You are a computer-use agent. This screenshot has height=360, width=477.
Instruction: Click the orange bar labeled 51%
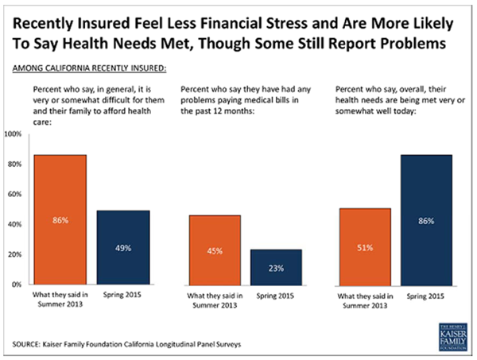click(364, 246)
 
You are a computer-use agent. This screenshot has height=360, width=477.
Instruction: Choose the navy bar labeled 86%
click(426, 219)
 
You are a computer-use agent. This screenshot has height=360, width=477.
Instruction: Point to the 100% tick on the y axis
click(13, 134)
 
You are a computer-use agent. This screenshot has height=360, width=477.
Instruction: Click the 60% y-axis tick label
click(14, 194)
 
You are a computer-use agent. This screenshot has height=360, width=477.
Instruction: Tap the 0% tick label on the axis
click(17, 285)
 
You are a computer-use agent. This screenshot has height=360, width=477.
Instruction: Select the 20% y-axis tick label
click(14, 254)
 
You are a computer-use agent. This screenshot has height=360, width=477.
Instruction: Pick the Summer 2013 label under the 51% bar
click(364, 300)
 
